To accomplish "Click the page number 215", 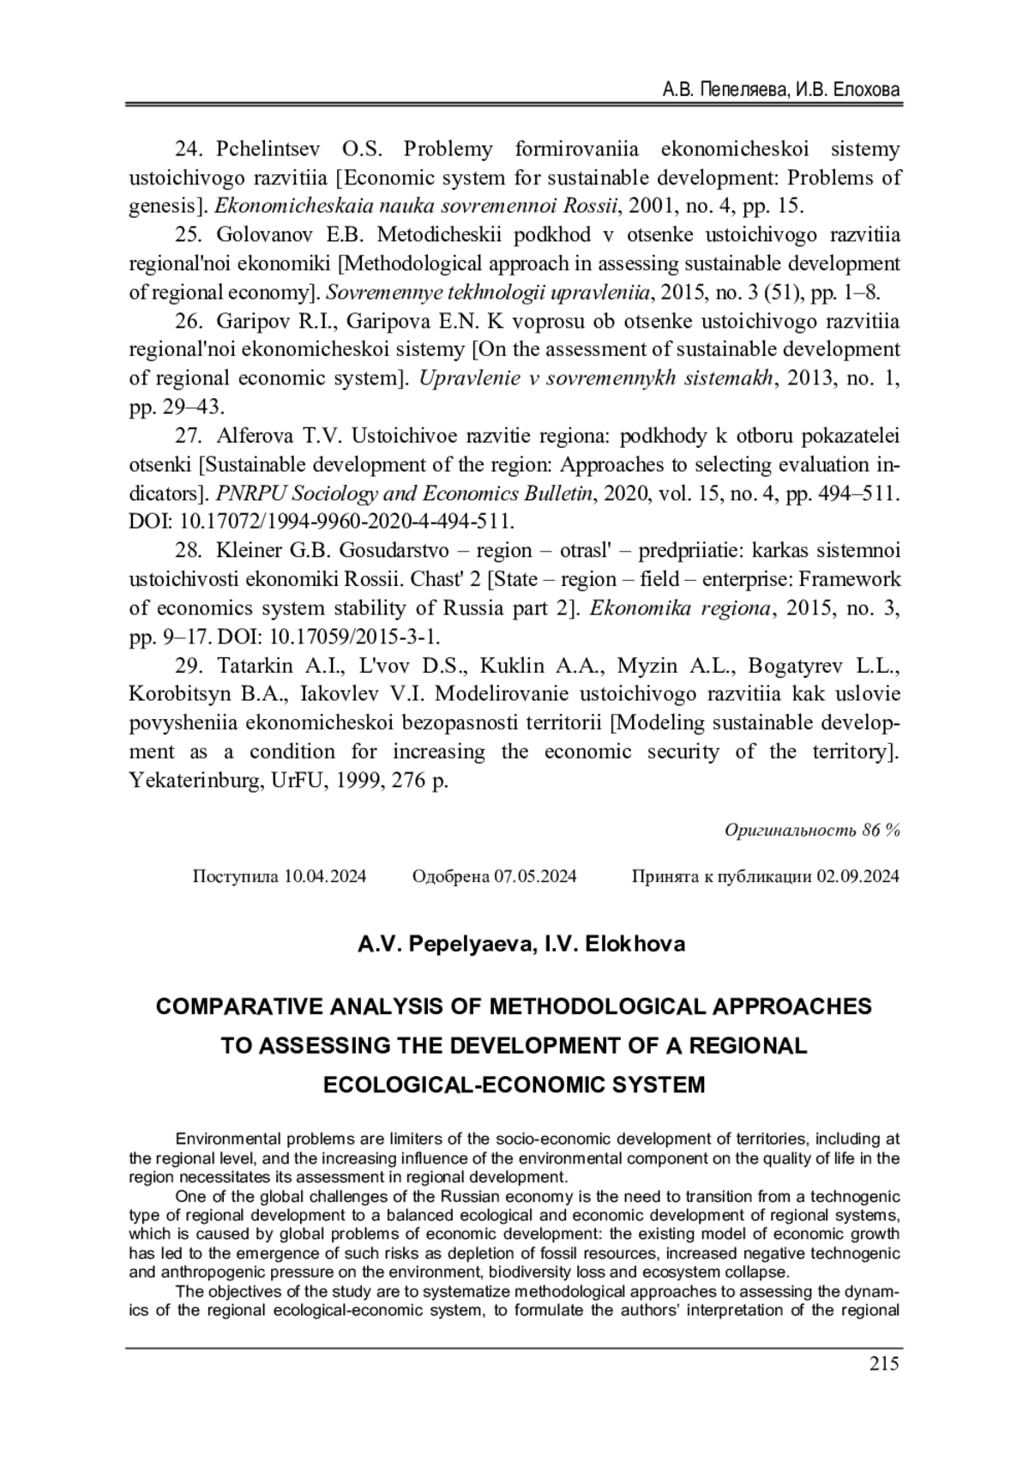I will pyautogui.click(x=883, y=1363).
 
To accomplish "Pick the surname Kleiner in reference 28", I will pyautogui.click(x=250, y=550).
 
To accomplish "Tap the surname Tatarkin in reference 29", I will pyautogui.click(x=256, y=666).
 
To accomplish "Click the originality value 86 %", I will pyautogui.click(x=882, y=831).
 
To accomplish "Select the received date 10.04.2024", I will pyautogui.click(x=325, y=876).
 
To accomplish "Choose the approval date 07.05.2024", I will pyautogui.click(x=535, y=876).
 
